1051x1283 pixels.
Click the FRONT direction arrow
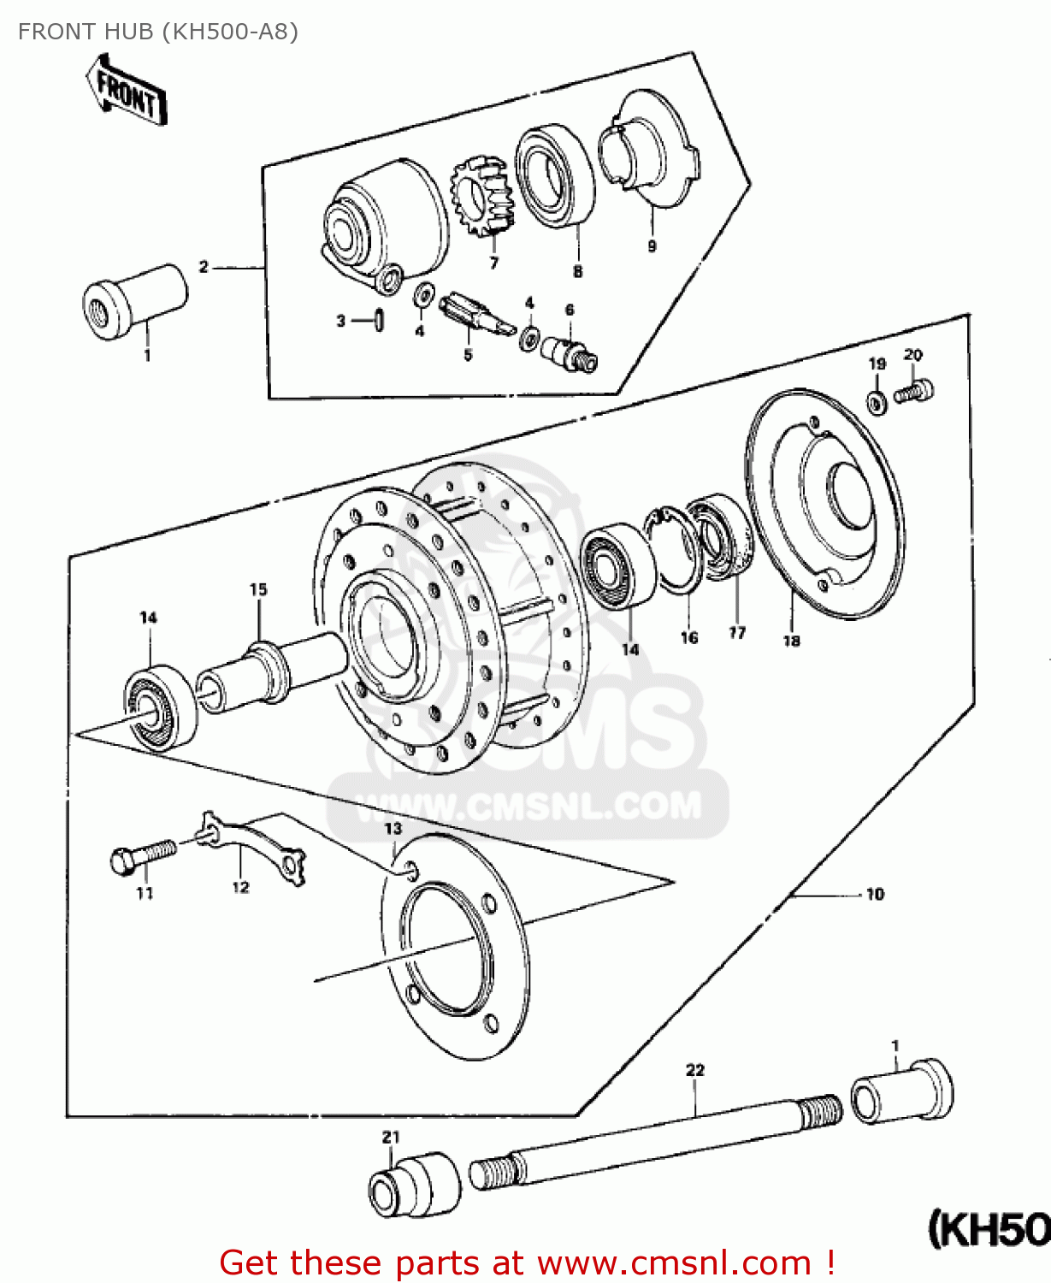tap(126, 92)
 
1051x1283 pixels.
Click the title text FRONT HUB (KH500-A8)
tap(158, 32)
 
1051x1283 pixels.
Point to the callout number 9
tap(652, 246)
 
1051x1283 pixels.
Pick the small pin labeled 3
tap(378, 320)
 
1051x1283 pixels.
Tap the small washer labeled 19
tap(877, 401)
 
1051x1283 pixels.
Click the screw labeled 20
tap(913, 393)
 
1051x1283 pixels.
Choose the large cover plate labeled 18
tap(824, 504)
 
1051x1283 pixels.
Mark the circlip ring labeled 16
tap(676, 548)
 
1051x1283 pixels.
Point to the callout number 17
tap(737, 633)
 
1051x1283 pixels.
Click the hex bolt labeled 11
tap(142, 856)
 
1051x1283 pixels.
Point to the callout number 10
tap(875, 895)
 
